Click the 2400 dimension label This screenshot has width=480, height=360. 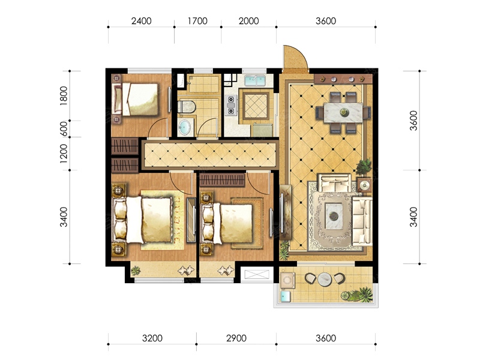click(x=141, y=21)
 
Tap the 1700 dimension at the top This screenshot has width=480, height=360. click(x=197, y=21)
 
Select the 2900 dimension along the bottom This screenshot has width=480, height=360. click(x=236, y=338)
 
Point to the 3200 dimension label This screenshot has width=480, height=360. click(x=152, y=338)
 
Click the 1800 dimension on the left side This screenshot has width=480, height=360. click(x=64, y=96)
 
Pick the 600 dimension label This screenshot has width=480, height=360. click(x=64, y=129)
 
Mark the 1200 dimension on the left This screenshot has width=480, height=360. click(x=64, y=154)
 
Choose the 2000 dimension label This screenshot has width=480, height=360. click(x=248, y=21)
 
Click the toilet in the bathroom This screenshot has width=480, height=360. click(x=187, y=107)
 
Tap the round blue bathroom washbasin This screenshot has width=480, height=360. click(x=185, y=127)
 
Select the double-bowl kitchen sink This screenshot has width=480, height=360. click(x=254, y=81)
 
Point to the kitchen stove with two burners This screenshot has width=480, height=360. click(x=231, y=105)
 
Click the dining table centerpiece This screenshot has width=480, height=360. click(x=344, y=112)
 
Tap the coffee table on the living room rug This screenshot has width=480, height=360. click(x=334, y=216)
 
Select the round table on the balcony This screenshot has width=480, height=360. click(x=325, y=279)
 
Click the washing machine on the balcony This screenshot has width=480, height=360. click(x=288, y=280)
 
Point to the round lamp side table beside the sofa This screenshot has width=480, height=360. click(x=365, y=185)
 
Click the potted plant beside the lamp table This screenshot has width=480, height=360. click(x=364, y=167)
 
